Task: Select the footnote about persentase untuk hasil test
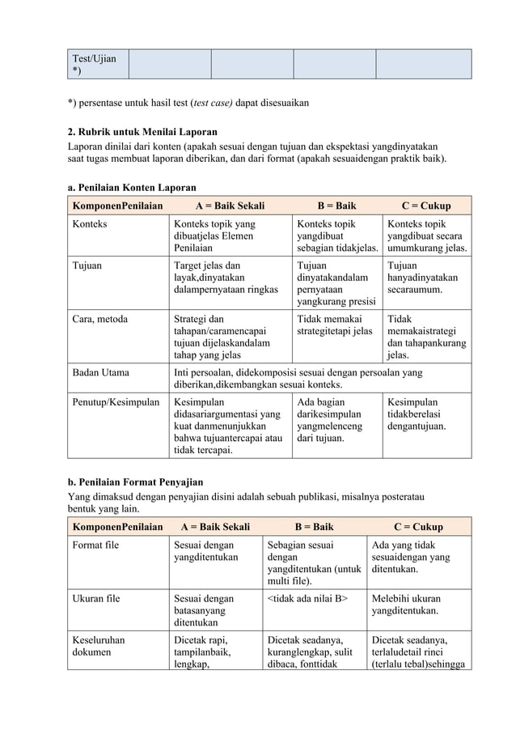click(x=188, y=104)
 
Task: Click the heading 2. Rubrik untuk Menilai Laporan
click(x=142, y=132)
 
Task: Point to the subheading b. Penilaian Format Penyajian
click(x=135, y=482)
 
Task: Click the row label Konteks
click(x=91, y=223)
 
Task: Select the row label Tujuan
click(x=87, y=265)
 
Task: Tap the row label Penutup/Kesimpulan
click(x=116, y=401)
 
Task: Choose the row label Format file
click(x=96, y=545)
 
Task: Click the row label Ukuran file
click(x=96, y=599)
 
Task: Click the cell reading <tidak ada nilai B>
click(x=307, y=599)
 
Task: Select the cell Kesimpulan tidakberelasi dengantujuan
click(x=417, y=414)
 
